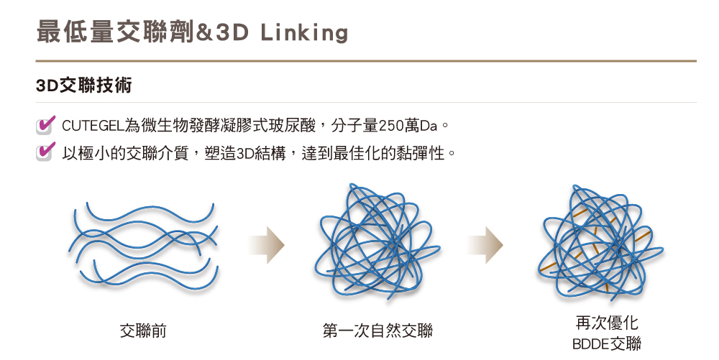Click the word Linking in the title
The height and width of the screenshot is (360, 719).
click(304, 33)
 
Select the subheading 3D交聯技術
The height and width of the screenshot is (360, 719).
click(84, 86)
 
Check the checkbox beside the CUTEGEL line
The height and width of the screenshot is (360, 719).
click(45, 126)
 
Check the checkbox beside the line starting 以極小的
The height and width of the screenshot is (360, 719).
click(45, 152)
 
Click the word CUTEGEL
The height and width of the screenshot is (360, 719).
click(93, 126)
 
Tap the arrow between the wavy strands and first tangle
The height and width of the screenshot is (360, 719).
click(267, 245)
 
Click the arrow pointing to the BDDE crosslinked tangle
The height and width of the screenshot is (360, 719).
click(485, 245)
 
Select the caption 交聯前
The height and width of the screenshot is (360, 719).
click(143, 331)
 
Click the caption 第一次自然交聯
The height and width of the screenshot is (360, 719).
click(377, 331)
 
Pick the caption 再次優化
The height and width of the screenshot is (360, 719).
click(607, 323)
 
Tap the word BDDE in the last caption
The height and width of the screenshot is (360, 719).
click(590, 344)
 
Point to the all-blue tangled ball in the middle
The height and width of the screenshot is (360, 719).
click(377, 242)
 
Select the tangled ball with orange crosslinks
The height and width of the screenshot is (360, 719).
click(600, 242)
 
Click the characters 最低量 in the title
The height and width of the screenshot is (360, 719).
click(75, 32)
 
